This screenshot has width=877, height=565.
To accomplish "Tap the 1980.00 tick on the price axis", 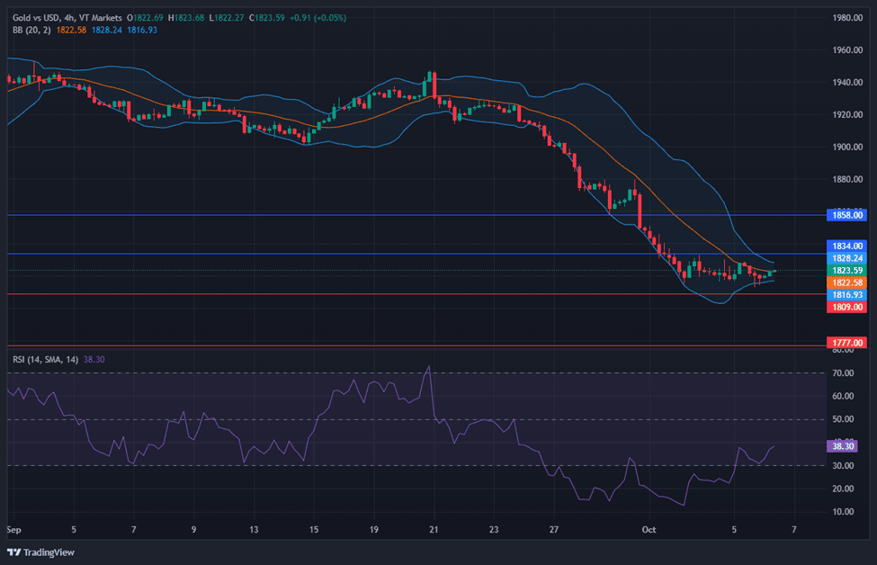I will [x=848, y=18].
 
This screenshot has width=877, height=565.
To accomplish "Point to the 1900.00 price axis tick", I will [x=848, y=147].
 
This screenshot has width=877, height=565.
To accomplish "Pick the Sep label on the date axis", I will [x=13, y=531].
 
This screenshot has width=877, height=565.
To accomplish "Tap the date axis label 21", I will [x=434, y=531].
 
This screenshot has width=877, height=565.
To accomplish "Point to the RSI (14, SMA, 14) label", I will [x=45, y=359].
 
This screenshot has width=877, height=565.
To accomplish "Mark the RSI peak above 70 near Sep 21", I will [x=429, y=366].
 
